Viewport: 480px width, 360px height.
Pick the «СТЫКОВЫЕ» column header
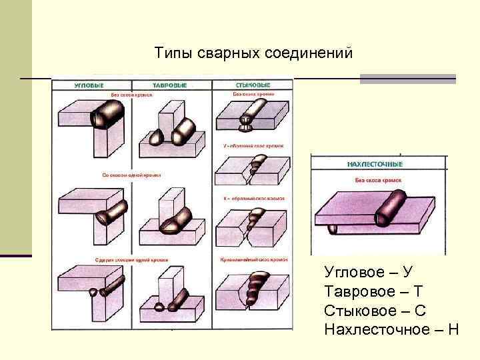point(253,85)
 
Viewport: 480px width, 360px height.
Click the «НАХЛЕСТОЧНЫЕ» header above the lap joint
point(375,163)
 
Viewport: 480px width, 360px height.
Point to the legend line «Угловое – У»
point(369,271)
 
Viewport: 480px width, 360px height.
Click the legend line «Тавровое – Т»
point(373,291)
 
